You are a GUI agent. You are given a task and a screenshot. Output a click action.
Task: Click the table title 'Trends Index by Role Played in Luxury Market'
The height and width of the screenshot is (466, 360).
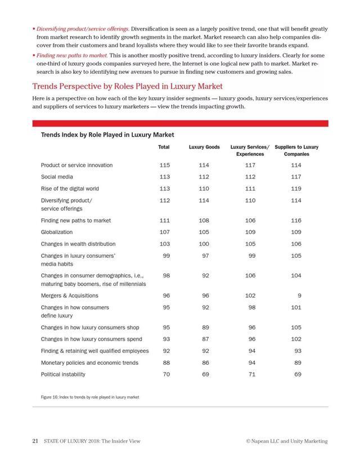107,135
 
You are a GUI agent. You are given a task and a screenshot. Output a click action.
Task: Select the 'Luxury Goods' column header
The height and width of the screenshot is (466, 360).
204,147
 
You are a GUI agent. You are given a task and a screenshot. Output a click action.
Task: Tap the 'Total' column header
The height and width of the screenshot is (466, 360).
164,147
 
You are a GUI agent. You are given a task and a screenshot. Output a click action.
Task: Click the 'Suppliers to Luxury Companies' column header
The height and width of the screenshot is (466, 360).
296,150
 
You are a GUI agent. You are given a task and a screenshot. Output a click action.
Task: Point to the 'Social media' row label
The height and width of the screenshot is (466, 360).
56,176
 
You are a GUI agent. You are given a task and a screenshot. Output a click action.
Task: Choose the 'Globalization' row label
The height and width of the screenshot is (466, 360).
57,232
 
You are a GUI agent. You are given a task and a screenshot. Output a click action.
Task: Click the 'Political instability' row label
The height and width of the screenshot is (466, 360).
63,374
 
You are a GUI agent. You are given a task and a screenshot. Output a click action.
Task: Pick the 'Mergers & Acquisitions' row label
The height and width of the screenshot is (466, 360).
69,295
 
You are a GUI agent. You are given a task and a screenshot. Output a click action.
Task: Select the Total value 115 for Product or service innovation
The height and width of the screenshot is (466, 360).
165,165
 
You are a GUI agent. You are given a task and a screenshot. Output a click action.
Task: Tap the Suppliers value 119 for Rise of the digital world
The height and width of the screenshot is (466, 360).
296,189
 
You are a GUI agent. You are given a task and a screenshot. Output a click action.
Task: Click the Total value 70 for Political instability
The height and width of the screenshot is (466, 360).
166,374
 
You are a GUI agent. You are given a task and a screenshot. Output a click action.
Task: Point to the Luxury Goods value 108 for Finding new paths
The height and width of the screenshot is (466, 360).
204,221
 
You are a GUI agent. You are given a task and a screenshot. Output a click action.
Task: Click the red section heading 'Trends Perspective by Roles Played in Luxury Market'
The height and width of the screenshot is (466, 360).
128,86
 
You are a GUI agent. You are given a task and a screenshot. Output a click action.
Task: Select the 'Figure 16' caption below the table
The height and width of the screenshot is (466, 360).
90,397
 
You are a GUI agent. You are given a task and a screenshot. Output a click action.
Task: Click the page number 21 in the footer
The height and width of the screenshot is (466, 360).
34,441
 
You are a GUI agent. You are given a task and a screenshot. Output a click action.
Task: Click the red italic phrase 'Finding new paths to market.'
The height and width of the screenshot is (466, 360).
72,56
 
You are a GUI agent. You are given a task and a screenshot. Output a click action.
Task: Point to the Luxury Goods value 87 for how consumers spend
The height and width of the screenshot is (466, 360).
204,339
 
